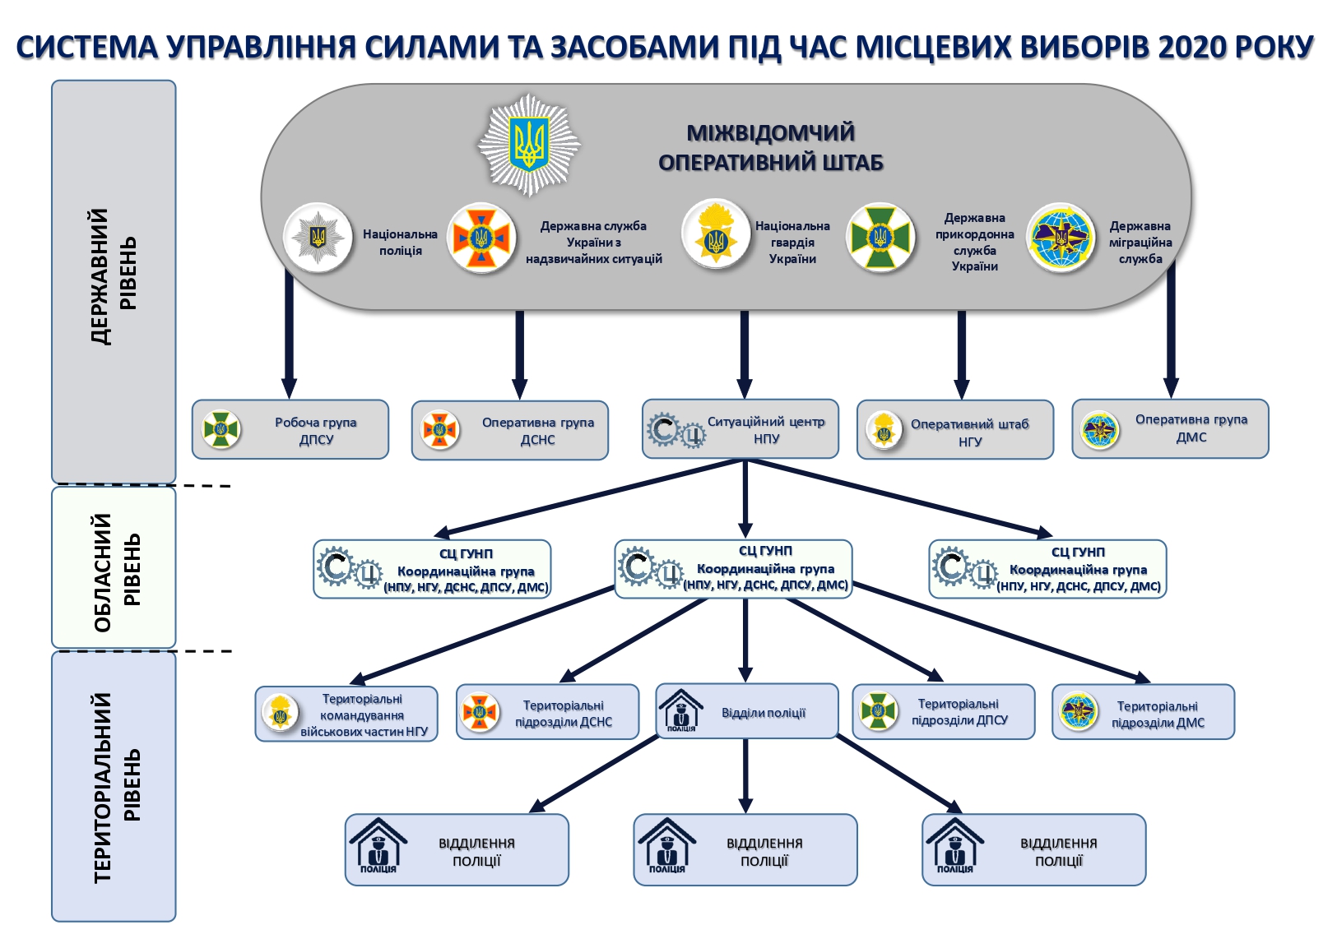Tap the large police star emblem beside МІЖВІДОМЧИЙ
[x=529, y=145]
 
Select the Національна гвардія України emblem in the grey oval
[x=715, y=235]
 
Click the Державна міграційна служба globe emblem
[x=1061, y=238]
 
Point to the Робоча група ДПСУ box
[x=290, y=429]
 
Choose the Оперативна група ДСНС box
[x=510, y=430]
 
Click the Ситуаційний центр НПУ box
[x=740, y=428]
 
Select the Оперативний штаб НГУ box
[x=955, y=430]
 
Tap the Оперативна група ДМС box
[x=1170, y=428]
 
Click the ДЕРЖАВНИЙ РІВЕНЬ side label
[x=114, y=277]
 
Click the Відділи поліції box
[x=747, y=711]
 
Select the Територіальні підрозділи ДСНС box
[x=548, y=712]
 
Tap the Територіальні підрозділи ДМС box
[x=1144, y=712]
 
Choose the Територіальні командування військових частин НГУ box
[x=346, y=714]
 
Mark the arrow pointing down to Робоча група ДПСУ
[x=289, y=337]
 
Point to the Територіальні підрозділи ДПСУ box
[x=944, y=712]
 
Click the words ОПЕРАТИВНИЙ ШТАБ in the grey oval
[x=770, y=162]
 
